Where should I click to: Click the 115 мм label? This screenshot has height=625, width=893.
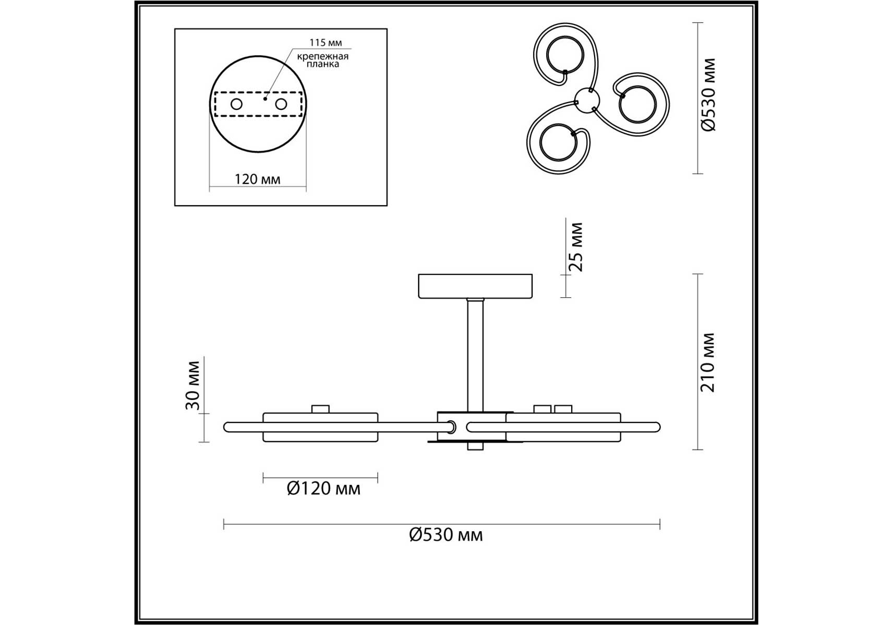(325, 43)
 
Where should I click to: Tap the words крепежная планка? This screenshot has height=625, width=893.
(323, 60)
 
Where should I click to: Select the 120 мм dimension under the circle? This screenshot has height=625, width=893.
(257, 179)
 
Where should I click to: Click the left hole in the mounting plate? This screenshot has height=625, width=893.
(236, 104)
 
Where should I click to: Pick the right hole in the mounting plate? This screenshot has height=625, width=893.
(281, 104)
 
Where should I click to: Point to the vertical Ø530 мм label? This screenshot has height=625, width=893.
(709, 95)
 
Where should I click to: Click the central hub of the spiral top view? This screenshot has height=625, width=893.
(587, 100)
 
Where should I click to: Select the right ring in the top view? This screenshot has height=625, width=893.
(637, 105)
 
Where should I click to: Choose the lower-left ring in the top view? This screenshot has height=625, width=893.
(558, 142)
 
